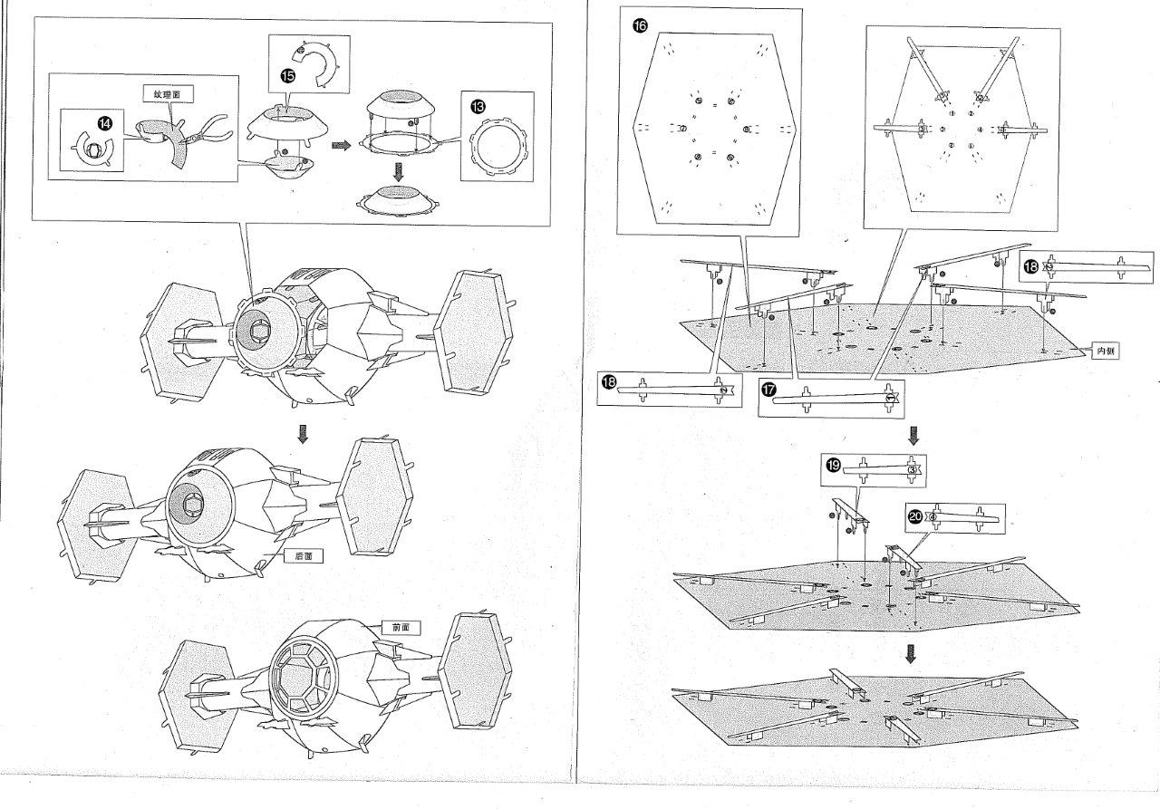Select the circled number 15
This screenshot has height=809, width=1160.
point(287,76)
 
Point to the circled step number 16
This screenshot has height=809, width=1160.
point(640,25)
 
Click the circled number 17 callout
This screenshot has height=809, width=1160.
point(768,389)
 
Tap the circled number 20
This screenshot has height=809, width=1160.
point(915,515)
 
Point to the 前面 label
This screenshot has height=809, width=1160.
point(401,627)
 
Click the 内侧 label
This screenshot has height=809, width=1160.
point(1103,351)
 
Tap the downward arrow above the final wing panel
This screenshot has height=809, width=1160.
point(913,652)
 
